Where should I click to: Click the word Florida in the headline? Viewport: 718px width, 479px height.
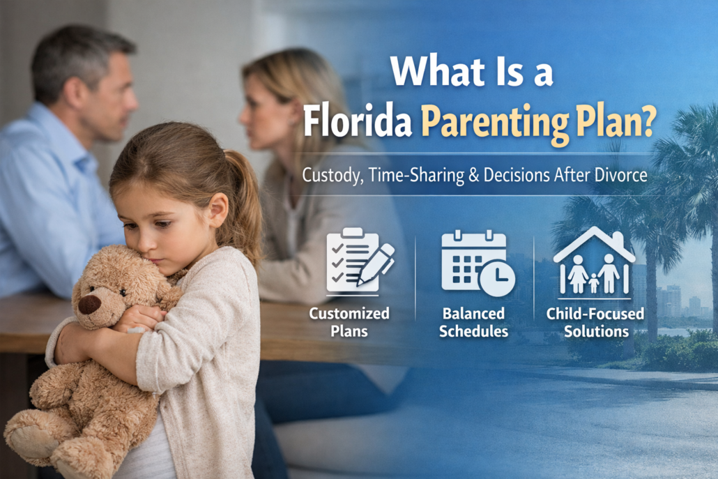point(357,121)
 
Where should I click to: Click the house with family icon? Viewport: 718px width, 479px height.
point(594,260)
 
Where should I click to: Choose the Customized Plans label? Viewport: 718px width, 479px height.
point(349,322)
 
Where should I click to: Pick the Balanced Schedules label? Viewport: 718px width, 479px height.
point(473,322)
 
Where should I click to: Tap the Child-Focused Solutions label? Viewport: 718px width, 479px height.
point(595,322)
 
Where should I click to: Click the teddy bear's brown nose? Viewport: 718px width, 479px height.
point(89,305)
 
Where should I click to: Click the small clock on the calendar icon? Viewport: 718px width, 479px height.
point(497,278)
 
